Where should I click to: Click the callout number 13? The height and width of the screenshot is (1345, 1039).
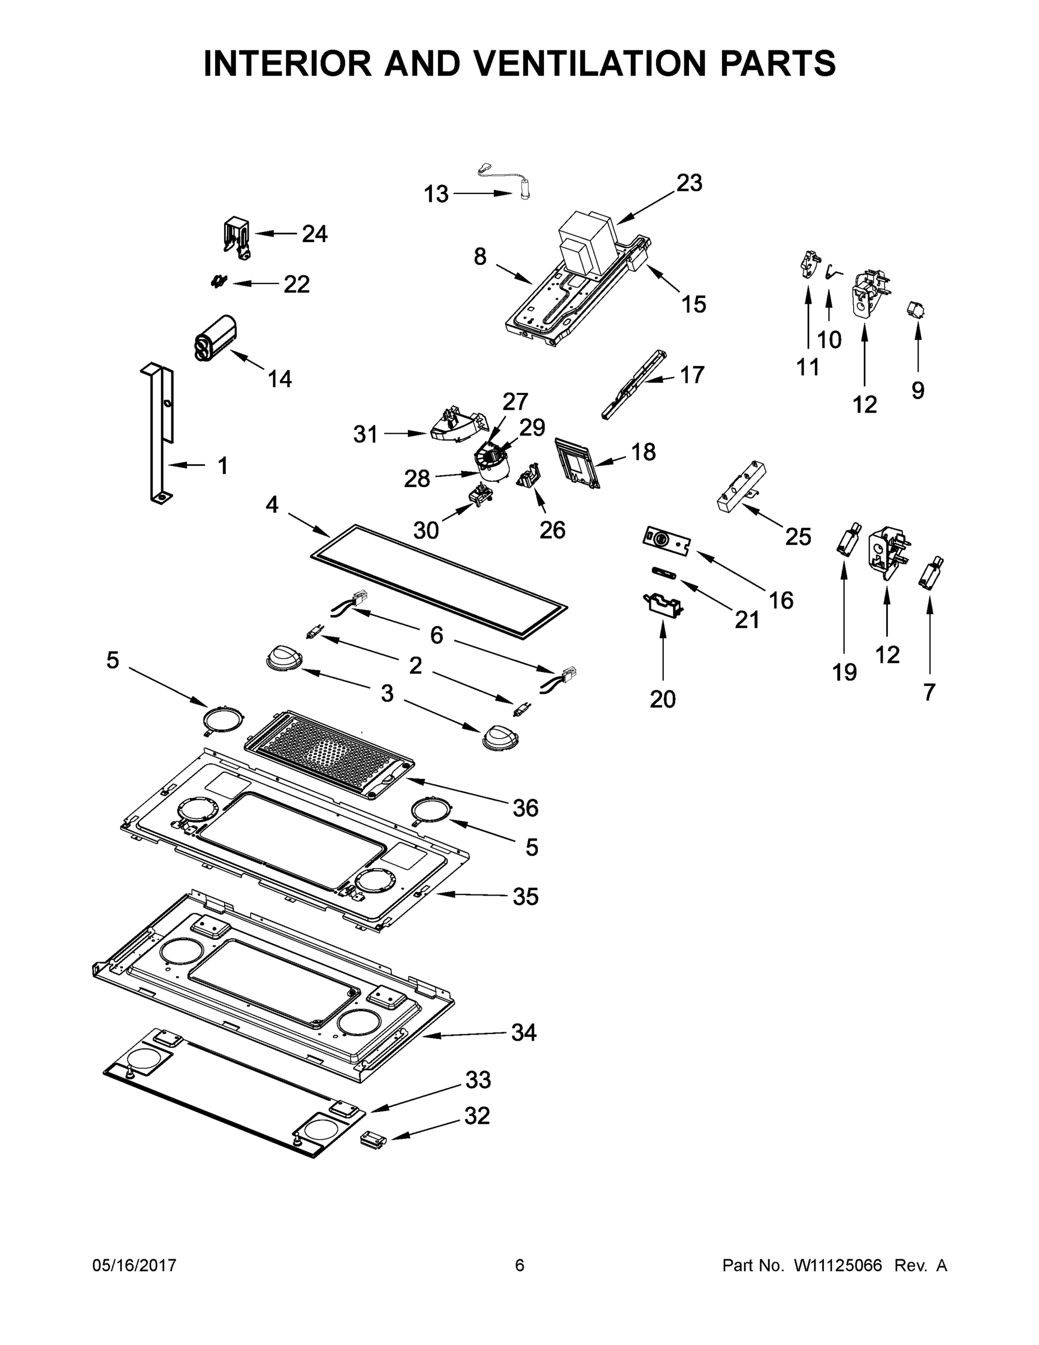tap(436, 194)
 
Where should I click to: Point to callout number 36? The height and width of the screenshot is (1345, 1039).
tap(525, 808)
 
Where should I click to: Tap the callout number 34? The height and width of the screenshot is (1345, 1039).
tap(524, 1033)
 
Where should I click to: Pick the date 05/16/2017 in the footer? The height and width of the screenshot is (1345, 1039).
tap(134, 1265)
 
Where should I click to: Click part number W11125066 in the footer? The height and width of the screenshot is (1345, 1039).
tap(838, 1265)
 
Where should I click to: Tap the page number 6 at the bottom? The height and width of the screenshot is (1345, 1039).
tap(520, 1265)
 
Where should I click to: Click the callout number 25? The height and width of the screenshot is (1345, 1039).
tap(798, 537)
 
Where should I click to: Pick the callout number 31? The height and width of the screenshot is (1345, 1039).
tap(365, 435)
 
